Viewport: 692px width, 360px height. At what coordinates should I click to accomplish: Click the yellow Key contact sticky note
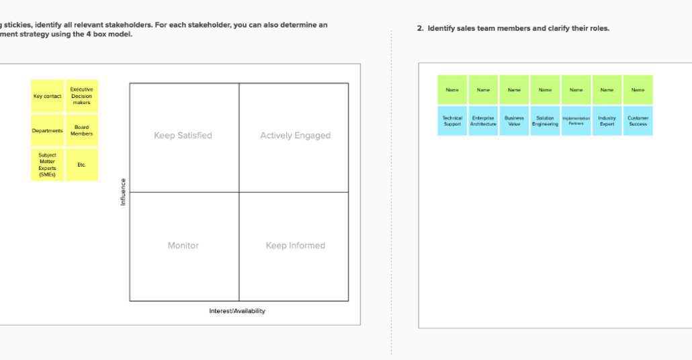tap(47, 96)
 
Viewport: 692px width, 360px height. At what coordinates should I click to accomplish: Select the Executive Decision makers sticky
tap(81, 96)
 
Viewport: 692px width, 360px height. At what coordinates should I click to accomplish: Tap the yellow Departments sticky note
tap(47, 130)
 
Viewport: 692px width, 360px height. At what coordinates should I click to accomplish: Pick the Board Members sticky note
tap(81, 130)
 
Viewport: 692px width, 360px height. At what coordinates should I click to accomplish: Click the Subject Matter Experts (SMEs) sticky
tap(47, 165)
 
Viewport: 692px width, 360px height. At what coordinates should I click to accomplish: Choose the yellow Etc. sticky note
tap(81, 165)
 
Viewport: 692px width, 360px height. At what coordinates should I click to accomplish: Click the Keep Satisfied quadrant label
tap(183, 136)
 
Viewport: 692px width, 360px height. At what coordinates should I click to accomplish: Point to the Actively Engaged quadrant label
tap(295, 136)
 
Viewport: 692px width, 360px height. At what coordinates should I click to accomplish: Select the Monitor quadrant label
tap(183, 246)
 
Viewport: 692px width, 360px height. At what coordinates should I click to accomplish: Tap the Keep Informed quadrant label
tap(295, 246)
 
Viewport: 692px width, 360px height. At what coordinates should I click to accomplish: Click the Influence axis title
tap(123, 191)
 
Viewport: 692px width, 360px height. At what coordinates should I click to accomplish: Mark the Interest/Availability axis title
tap(237, 311)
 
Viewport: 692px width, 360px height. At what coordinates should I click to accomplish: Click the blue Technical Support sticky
tap(452, 121)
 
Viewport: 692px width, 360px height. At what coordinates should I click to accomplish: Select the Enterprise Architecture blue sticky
tap(483, 121)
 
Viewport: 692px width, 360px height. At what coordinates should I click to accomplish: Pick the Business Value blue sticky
tap(514, 121)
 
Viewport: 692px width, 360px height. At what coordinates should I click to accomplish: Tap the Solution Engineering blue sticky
tap(545, 121)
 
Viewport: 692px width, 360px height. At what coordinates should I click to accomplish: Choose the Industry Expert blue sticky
tap(607, 121)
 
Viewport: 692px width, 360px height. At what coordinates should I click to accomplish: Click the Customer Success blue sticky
tap(638, 121)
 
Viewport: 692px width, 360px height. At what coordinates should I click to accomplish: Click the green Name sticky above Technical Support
tap(452, 90)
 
